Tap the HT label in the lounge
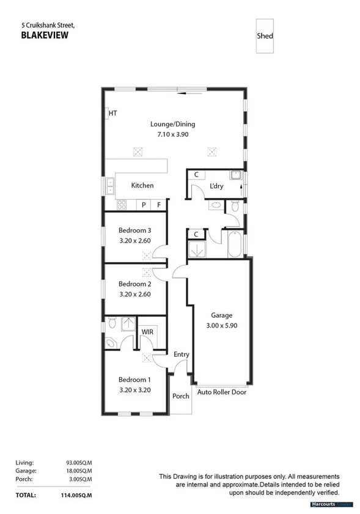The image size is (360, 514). click(112, 113)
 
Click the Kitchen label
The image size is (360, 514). click(142, 185)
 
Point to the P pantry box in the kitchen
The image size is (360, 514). click(144, 205)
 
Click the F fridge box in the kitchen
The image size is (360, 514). click(159, 205)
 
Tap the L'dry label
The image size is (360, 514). click(216, 185)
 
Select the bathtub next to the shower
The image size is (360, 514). click(235, 244)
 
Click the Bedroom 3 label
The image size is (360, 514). click(134, 230)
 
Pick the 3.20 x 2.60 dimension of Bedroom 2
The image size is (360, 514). click(134, 294)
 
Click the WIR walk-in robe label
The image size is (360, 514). click(147, 332)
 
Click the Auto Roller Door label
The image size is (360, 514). click(221, 392)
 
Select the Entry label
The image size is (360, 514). click(182, 354)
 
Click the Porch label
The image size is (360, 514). click(181, 395)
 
